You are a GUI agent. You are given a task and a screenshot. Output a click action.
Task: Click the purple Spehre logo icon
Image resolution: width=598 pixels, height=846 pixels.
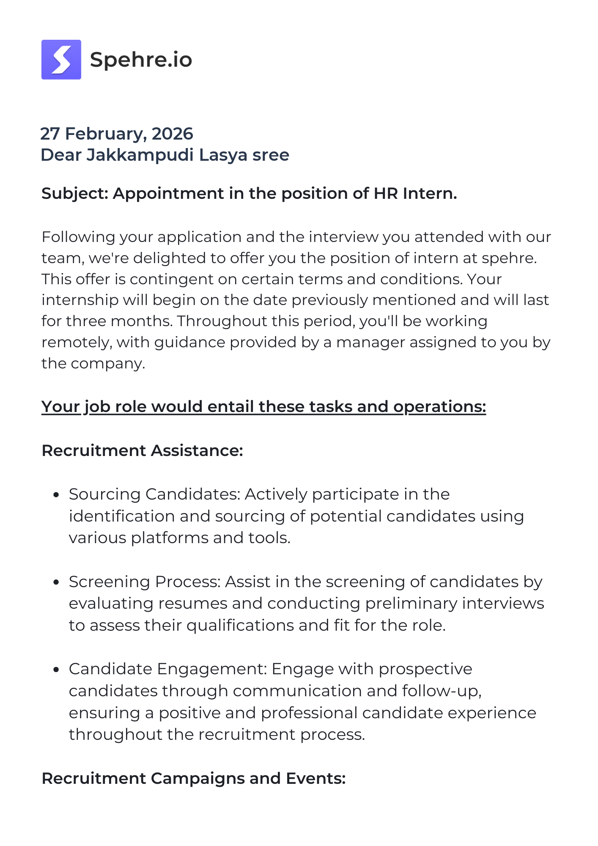point(61,60)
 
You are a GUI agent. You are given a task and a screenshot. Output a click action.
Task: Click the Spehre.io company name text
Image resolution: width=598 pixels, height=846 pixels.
point(141,60)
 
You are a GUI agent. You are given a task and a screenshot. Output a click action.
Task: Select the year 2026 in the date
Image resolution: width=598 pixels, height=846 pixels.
point(172,134)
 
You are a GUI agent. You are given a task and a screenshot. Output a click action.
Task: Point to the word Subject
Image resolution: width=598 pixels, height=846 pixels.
point(74,193)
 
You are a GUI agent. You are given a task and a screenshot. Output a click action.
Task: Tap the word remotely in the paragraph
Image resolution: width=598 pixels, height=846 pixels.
point(77,342)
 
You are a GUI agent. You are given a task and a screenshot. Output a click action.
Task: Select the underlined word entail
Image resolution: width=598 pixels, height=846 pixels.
point(231,407)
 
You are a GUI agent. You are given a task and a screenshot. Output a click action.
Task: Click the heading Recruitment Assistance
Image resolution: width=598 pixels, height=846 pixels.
point(142,450)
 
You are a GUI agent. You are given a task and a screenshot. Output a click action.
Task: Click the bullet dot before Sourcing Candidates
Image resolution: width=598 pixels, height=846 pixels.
point(56,494)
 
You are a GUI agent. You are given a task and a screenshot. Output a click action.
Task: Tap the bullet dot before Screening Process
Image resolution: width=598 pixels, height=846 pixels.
point(56,582)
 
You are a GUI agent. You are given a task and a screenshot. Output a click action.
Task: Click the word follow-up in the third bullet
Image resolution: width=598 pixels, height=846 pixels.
point(442,691)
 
